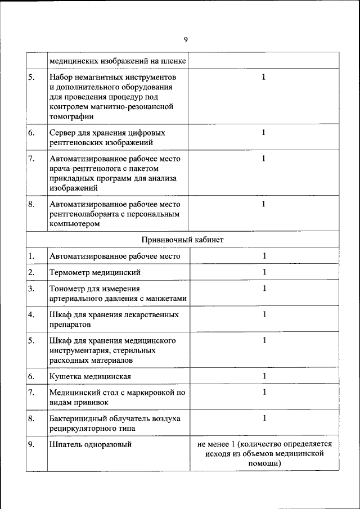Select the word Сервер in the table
[63, 133]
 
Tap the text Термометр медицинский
[94, 273]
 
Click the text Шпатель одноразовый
[91, 445]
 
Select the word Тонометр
[67, 289]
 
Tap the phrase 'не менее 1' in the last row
[216, 444]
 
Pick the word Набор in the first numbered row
[61, 76]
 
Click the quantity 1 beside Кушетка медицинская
[264, 376]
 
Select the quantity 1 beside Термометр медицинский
[264, 273]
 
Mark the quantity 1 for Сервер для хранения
[264, 133]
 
